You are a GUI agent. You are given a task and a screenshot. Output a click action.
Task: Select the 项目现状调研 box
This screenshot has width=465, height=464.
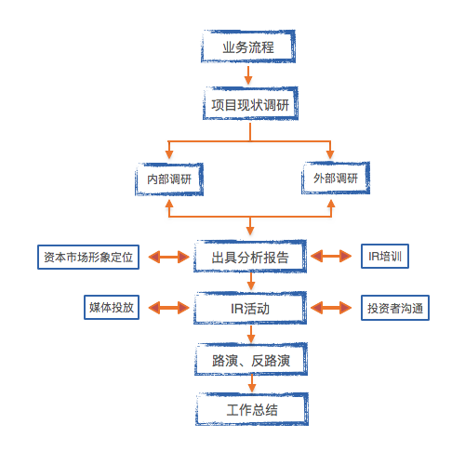pyautogui.click(x=249, y=105)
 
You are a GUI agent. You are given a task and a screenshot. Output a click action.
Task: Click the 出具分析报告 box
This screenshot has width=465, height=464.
pyautogui.click(x=249, y=257)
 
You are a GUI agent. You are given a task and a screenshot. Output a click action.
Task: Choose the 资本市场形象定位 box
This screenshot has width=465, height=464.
pyautogui.click(x=88, y=257)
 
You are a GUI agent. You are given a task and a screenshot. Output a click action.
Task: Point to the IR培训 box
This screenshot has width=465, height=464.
pyautogui.click(x=382, y=256)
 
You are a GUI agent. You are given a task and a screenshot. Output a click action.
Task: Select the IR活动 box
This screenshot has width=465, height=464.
pyautogui.click(x=249, y=307)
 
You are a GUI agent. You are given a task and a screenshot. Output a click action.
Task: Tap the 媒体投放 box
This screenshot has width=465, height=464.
pyautogui.click(x=111, y=308)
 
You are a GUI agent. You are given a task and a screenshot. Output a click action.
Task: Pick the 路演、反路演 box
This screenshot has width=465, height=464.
pyautogui.click(x=249, y=357)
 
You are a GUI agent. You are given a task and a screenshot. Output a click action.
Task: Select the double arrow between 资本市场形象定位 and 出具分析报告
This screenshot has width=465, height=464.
pyautogui.click(x=167, y=257)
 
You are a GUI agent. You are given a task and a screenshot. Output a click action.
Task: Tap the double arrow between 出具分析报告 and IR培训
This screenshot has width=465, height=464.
pyautogui.click(x=330, y=257)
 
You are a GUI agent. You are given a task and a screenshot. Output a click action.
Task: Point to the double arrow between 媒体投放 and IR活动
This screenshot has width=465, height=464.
pyautogui.click(x=167, y=308)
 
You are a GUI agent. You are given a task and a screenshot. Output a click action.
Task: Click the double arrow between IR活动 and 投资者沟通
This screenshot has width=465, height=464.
pyautogui.click(x=330, y=308)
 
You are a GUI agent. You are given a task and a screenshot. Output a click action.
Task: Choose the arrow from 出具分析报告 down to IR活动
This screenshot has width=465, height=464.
pyautogui.click(x=249, y=282)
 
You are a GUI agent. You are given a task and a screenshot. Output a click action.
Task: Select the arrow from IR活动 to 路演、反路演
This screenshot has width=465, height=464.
pyautogui.click(x=249, y=332)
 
